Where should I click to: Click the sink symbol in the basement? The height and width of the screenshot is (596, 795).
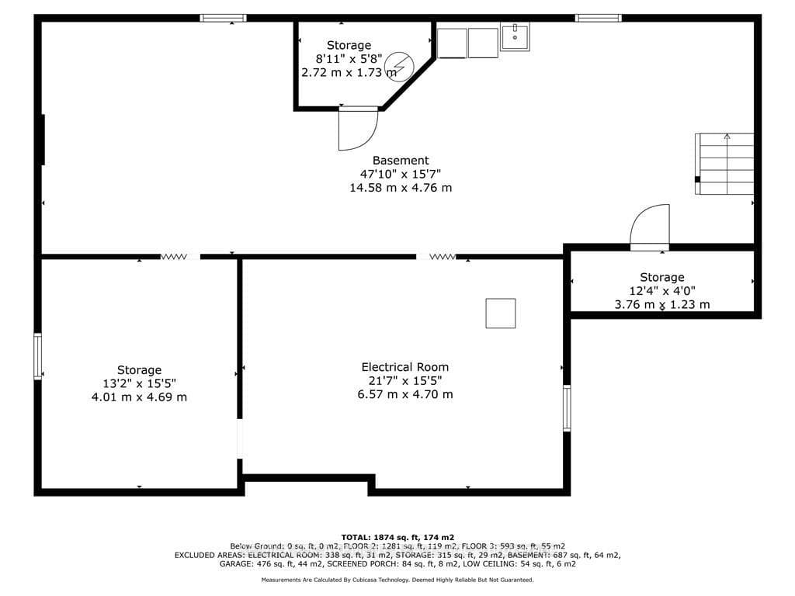(x=516, y=36)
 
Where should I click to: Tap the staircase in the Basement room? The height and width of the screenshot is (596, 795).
(x=724, y=164)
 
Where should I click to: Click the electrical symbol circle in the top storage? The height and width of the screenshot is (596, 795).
(x=399, y=67)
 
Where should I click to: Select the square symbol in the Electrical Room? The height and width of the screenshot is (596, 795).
(x=501, y=314)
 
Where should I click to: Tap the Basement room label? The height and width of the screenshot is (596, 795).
(x=401, y=161)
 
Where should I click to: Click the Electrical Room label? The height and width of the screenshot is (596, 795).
(x=405, y=367)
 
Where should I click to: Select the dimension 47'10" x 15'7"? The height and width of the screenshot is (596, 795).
(x=401, y=174)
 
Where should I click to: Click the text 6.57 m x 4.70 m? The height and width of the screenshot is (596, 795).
(x=405, y=394)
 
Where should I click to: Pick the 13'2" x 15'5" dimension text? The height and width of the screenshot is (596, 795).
(x=140, y=383)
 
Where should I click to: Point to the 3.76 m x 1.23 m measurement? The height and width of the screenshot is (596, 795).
(x=662, y=304)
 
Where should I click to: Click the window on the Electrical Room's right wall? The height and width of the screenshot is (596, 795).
(x=567, y=408)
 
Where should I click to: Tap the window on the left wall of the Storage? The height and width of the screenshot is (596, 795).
(x=37, y=355)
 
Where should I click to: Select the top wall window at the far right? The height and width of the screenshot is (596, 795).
(x=599, y=19)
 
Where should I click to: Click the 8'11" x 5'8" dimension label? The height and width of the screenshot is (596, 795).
(x=349, y=59)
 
